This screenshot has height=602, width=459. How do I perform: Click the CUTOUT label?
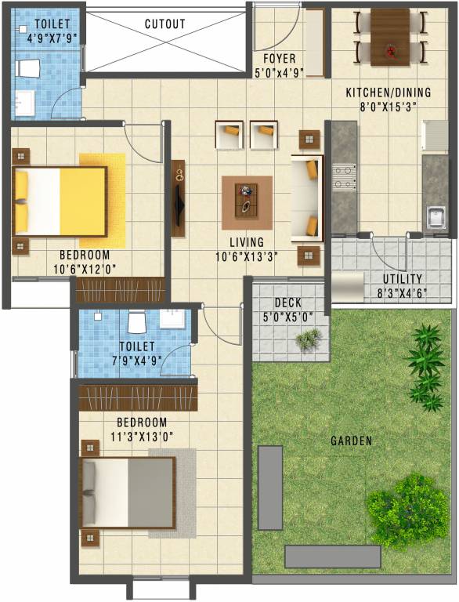(x=165, y=24)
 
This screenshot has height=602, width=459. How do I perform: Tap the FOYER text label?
(x=279, y=59)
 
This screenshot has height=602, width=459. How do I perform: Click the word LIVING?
(x=247, y=242)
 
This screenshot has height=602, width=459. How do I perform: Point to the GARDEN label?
(x=351, y=441)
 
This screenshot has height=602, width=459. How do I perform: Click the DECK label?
(x=288, y=303)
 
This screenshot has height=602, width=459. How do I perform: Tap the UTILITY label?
(x=403, y=279)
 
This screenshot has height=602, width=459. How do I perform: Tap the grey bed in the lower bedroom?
(x=128, y=493)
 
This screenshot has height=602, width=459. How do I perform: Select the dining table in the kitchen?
(x=389, y=37)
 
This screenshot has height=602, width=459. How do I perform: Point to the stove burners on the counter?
(x=342, y=176)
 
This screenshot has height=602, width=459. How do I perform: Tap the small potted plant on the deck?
(x=309, y=338)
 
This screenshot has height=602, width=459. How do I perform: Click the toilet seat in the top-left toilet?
(x=28, y=68)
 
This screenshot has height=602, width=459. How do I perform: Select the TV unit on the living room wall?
(x=179, y=199)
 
